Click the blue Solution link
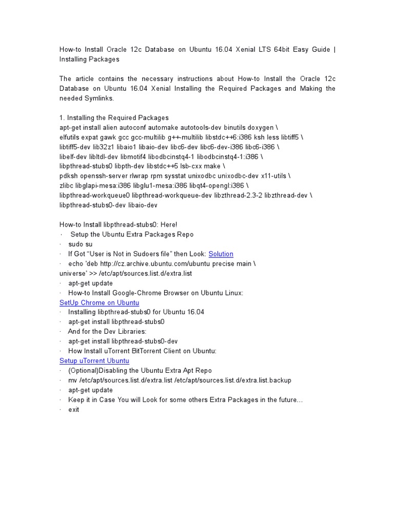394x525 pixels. pos(221,254)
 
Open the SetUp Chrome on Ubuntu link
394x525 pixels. pos(99,302)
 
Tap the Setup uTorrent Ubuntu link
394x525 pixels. pos(94,361)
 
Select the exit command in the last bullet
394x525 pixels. pos(74,410)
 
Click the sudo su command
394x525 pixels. pos(80,244)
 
